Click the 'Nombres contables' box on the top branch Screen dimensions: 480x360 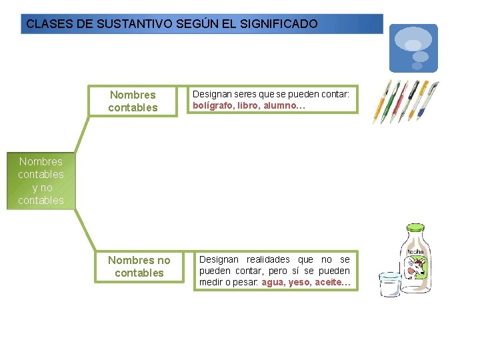coord(133,101)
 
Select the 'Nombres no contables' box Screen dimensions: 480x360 coord(139,267)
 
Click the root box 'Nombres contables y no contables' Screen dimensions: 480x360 coord(41,181)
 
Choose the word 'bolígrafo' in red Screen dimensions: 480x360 coord(213,105)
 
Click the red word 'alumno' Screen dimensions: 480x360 coord(281,105)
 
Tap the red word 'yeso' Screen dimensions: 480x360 coord(299,283)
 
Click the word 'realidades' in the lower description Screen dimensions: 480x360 coord(269,259)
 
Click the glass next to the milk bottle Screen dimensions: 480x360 coord(389,284)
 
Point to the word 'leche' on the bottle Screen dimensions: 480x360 coord(416,251)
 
